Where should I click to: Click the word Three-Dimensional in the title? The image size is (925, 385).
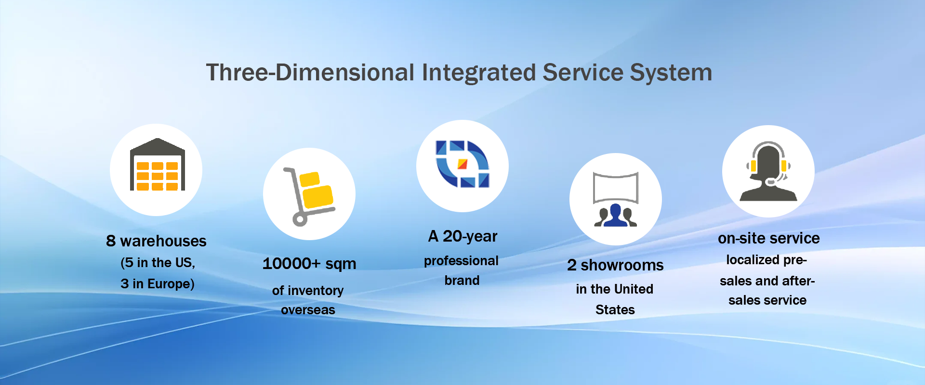[x=310, y=73]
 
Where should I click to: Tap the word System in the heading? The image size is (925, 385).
[x=671, y=73]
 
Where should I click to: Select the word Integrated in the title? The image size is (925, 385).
[x=478, y=73]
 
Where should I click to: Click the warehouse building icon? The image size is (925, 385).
[x=158, y=165]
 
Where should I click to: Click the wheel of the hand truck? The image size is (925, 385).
[x=300, y=220]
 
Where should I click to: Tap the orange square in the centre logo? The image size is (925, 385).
[x=462, y=164]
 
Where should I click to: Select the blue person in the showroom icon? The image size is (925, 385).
[x=615, y=215]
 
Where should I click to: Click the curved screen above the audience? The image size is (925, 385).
[x=616, y=188]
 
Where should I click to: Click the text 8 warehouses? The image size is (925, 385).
[x=156, y=241]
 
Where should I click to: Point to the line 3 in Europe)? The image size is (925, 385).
[x=158, y=284]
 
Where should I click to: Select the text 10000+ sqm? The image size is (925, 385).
[x=309, y=264]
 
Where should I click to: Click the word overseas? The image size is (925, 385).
[x=308, y=310]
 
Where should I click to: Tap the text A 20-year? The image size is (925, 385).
[x=462, y=236]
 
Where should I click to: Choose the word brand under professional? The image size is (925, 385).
[x=462, y=280]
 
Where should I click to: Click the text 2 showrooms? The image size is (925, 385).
[x=615, y=265]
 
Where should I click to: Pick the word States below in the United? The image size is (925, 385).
[x=615, y=309]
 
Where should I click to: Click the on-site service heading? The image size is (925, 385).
[x=768, y=238]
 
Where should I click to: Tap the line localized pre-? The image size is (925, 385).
[x=766, y=260]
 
